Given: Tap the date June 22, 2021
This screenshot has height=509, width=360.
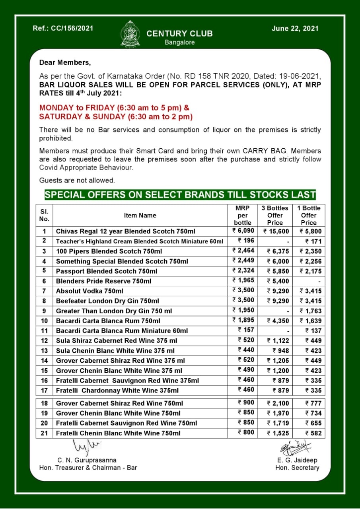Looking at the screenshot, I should pos(295,29).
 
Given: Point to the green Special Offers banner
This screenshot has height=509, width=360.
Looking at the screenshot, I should pos(180,195).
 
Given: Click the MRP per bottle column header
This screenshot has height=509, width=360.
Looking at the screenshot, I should pos(243,215).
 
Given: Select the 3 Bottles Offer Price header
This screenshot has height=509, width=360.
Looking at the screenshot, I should pos(274,215).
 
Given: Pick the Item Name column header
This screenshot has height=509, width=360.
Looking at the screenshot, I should pos(140,216).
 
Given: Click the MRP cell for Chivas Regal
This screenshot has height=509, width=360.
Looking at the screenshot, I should pos(243,231).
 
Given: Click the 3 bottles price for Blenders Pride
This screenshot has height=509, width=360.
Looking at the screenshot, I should pos(275,281).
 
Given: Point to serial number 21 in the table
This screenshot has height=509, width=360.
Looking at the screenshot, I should pos(44,433).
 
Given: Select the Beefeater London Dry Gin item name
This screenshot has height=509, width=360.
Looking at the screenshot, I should pos(107,301).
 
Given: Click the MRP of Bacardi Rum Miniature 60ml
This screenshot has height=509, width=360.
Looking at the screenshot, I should pos(246,330).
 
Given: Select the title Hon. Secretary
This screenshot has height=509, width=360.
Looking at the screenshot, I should pos(297,468).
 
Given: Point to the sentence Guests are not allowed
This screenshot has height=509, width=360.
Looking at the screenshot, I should pos(77,180).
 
